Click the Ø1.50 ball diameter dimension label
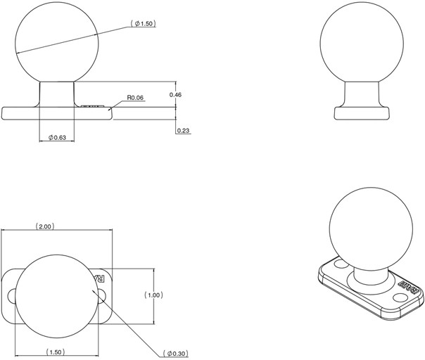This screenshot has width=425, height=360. tap(143, 24)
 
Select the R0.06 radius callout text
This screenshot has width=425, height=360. tap(135, 98)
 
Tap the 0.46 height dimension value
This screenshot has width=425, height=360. tap(175, 94)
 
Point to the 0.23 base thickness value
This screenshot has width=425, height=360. tap(183, 131)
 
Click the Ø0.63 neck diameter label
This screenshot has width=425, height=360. tap(57, 138)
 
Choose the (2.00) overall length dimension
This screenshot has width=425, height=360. tap(45, 226)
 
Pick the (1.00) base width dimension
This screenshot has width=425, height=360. tap(153, 295)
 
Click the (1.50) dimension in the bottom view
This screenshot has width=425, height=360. tap(56, 352)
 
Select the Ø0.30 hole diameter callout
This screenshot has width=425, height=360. tap(176, 353)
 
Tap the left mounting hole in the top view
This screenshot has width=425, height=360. tap(12, 296)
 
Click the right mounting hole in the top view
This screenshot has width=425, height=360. tap(101, 296)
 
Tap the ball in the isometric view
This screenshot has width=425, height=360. tap(371, 229)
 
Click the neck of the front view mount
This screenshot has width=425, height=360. tap(57, 94)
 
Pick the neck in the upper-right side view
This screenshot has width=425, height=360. tap(362, 94)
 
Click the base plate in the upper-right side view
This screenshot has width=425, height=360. tap(362, 113)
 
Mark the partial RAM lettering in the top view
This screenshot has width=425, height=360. tap(100, 278)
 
